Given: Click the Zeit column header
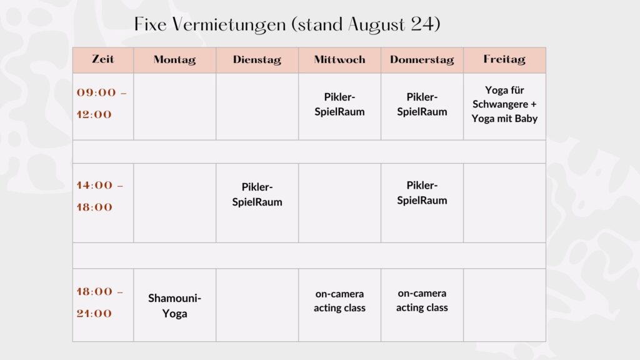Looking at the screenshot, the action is pyautogui.click(x=103, y=59).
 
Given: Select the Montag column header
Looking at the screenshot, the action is pyautogui.click(x=175, y=59).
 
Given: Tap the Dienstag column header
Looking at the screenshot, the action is pyautogui.click(x=257, y=59).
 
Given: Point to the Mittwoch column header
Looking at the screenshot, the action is pyautogui.click(x=339, y=59).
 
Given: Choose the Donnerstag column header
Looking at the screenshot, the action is pyautogui.click(x=422, y=59).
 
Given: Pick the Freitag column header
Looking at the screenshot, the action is pyautogui.click(x=504, y=59).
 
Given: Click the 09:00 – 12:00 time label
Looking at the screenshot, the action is pyautogui.click(x=102, y=103).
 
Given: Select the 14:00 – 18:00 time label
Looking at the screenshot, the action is pyautogui.click(x=100, y=196).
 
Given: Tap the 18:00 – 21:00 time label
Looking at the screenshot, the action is pyautogui.click(x=100, y=302).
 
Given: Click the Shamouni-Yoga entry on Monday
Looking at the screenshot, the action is pyautogui.click(x=175, y=306).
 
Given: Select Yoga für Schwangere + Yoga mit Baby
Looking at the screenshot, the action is pyautogui.click(x=504, y=104).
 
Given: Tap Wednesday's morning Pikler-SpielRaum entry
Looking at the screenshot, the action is pyautogui.click(x=339, y=104).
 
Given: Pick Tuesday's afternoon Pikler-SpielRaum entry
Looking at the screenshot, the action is pyautogui.click(x=257, y=194).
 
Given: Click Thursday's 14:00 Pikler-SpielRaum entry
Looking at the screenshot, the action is pyautogui.click(x=422, y=192).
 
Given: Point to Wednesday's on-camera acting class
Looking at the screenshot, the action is pyautogui.click(x=339, y=301).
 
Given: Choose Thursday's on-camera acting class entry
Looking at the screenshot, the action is pyautogui.click(x=422, y=301).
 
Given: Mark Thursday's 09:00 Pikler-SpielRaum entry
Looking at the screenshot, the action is pyautogui.click(x=422, y=104).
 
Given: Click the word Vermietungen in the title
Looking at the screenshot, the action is pyautogui.click(x=229, y=24).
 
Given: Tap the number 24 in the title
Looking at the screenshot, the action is pyautogui.click(x=422, y=24).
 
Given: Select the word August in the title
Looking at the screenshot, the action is pyautogui.click(x=377, y=25).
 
